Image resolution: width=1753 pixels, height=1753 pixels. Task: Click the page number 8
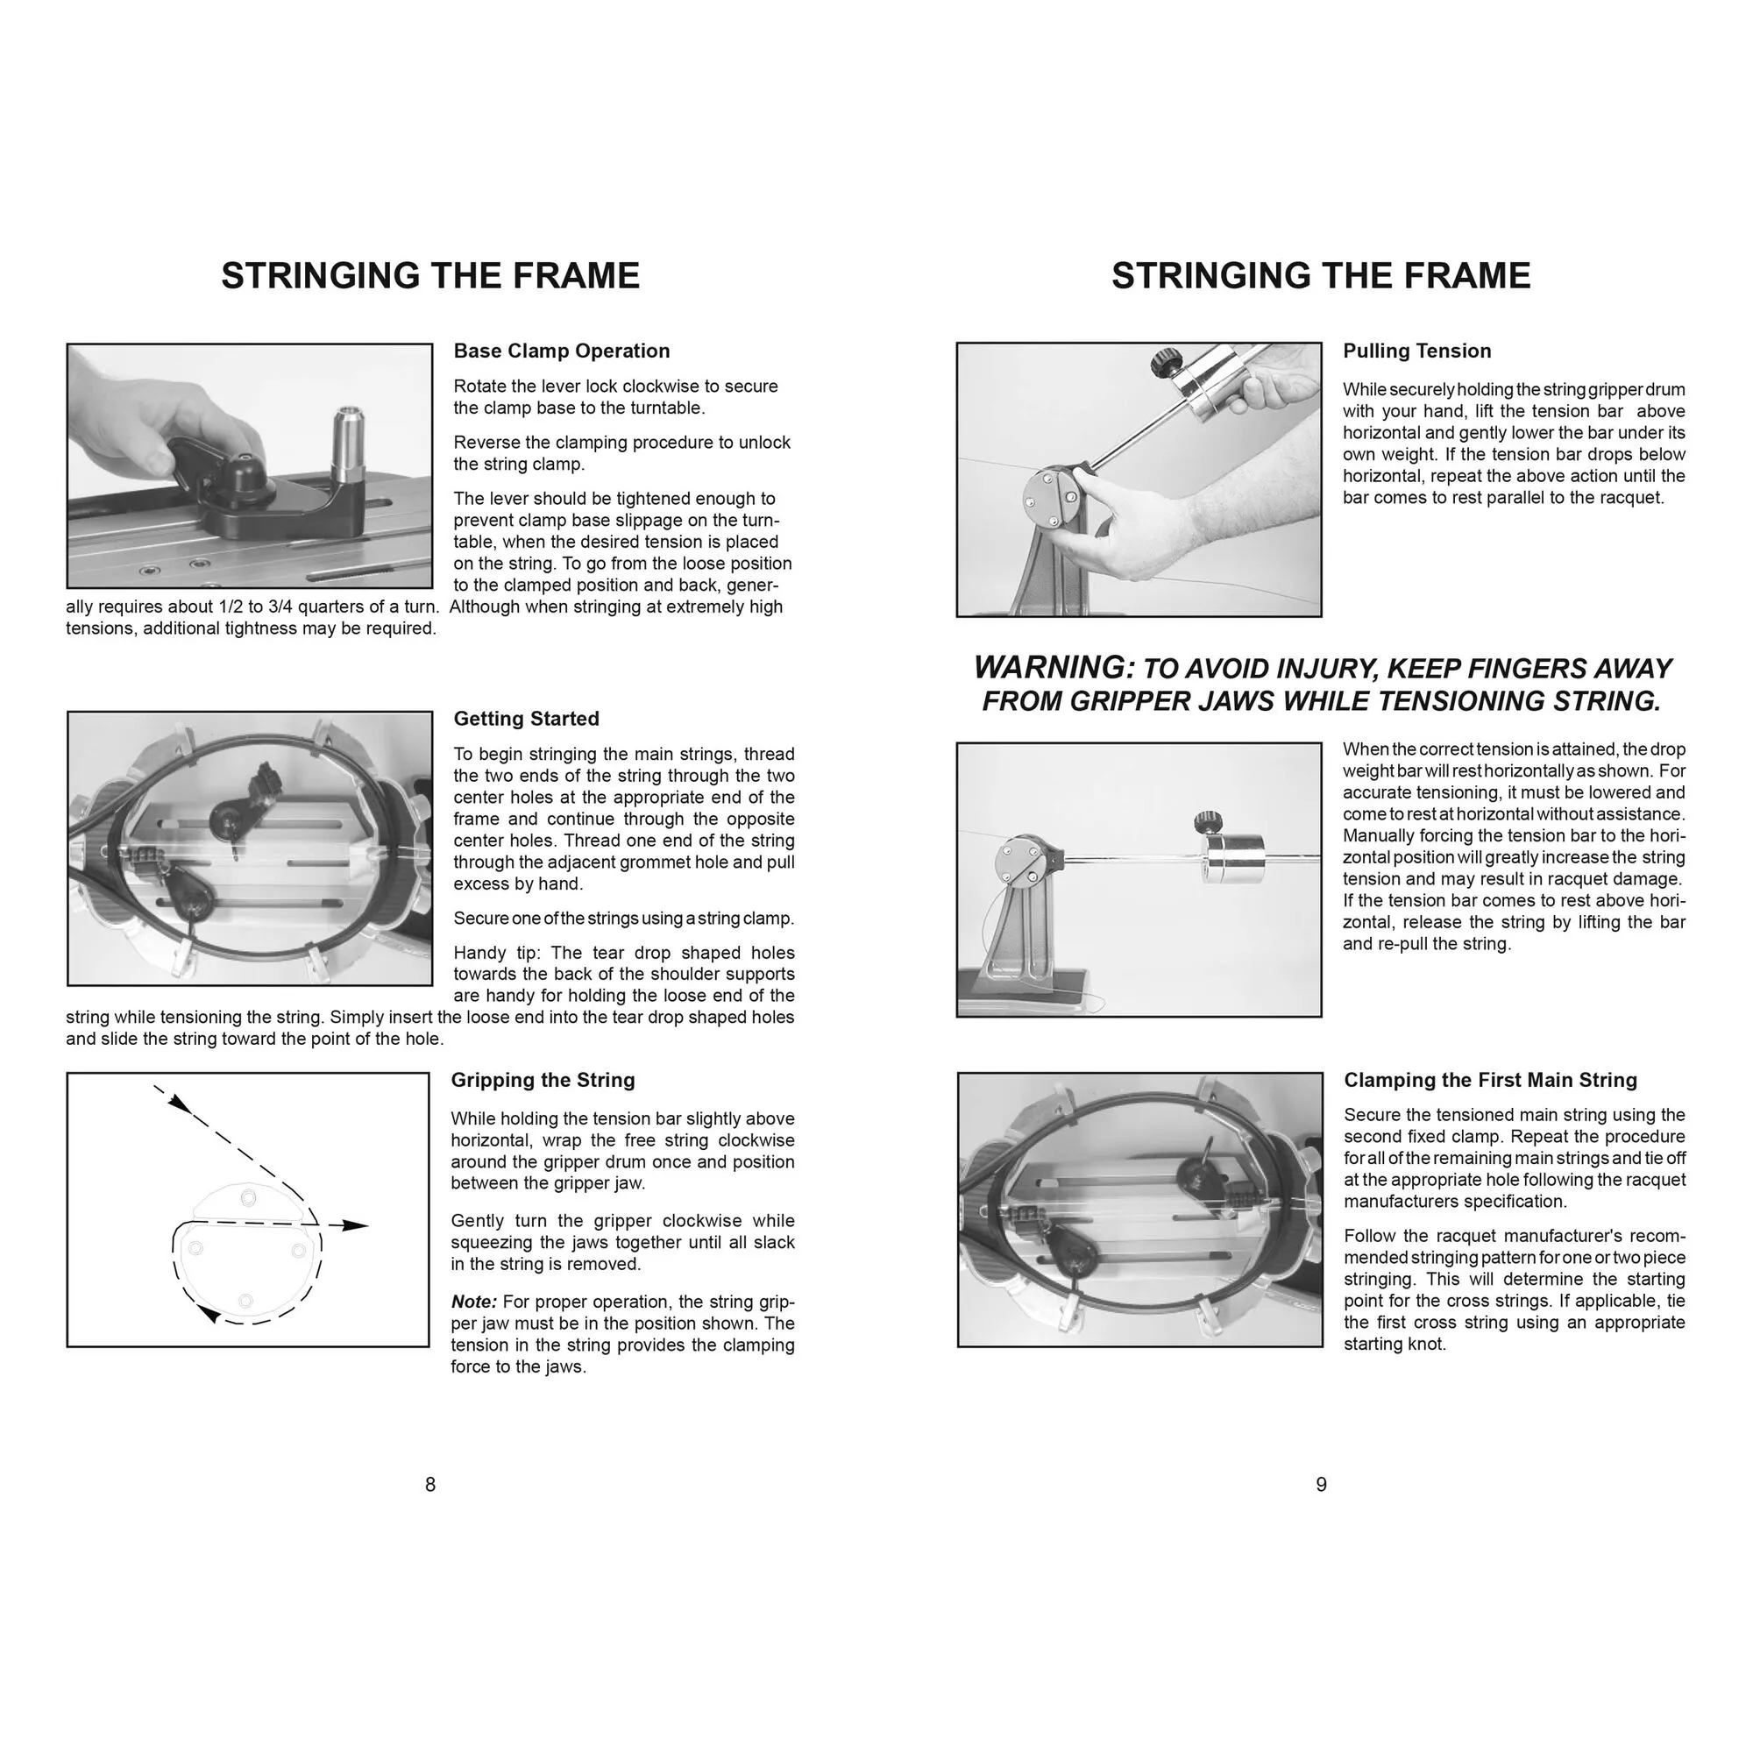(430, 1485)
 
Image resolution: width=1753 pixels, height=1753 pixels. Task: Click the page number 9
(1321, 1485)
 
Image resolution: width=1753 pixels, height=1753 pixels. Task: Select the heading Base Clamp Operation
(561, 351)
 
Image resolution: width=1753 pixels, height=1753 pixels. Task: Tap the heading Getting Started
(526, 719)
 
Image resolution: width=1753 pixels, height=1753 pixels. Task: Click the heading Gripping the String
(543, 1080)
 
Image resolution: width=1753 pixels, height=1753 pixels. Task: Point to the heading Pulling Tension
(1416, 351)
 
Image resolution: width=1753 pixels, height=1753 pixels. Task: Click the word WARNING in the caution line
(1054, 668)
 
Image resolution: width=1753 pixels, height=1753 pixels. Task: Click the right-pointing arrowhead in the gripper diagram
(358, 1226)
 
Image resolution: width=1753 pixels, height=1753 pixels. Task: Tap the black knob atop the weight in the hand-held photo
(1163, 365)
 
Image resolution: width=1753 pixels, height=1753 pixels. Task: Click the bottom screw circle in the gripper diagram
(245, 1301)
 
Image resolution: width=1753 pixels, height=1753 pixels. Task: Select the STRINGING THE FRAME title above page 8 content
(430, 276)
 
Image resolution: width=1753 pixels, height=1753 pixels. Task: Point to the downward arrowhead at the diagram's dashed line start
(180, 1104)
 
